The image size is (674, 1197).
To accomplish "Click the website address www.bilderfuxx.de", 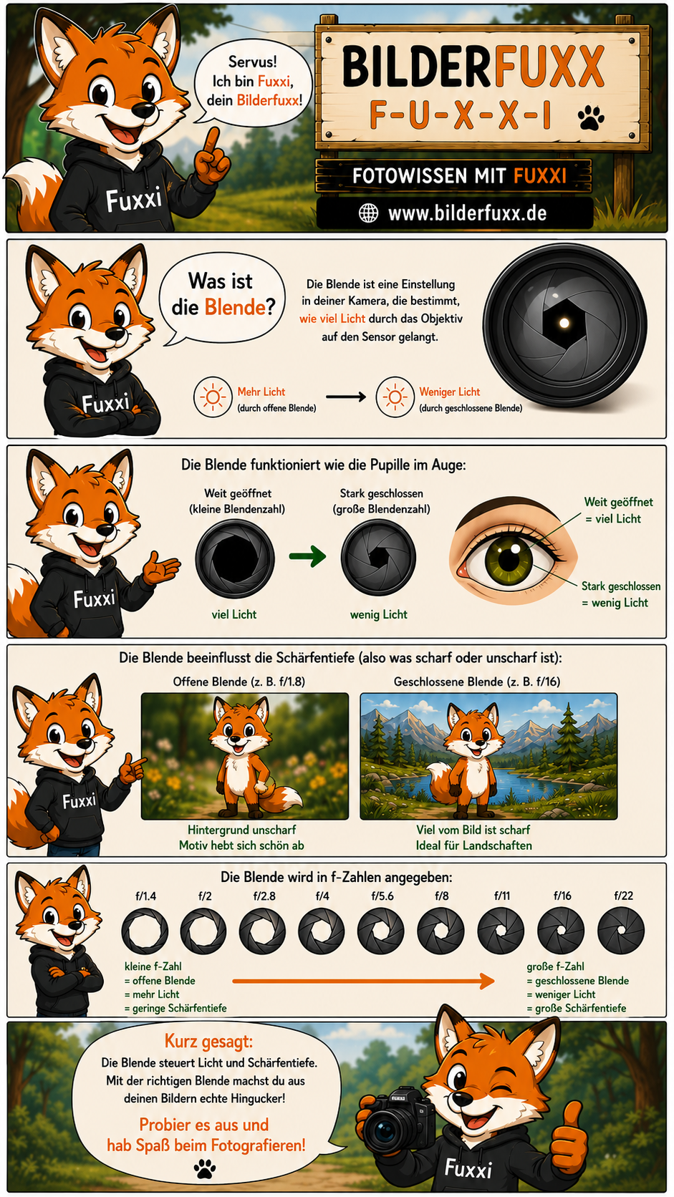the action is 467,214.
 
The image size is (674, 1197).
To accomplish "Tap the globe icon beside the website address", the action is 367,213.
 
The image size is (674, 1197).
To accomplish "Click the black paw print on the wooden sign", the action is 591,117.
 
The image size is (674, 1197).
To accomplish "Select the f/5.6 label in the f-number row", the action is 382,896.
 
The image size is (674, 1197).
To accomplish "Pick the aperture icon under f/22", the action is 620,931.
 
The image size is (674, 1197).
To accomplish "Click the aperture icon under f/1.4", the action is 145,931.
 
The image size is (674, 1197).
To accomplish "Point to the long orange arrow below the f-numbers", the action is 363,981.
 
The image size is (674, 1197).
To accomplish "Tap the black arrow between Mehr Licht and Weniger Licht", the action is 346,397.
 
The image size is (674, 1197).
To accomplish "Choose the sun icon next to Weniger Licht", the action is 395,397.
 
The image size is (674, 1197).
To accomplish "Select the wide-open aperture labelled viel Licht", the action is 235,558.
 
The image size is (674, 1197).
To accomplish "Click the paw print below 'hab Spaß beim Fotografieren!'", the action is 205,1168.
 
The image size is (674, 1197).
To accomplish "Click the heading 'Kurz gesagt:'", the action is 208,1041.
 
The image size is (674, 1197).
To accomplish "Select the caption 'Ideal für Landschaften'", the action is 473,845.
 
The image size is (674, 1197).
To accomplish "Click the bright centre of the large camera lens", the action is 564,322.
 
